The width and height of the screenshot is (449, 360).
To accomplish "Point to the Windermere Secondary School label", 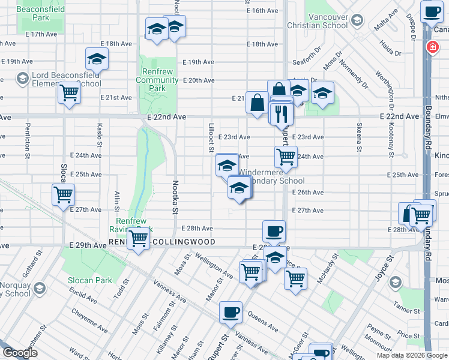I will tap(271, 176).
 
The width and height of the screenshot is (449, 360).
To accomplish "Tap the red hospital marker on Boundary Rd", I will tap(431, 47).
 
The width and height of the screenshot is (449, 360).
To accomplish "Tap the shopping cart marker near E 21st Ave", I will tap(70, 93).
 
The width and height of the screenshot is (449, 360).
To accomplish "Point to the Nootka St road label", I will tap(176, 197).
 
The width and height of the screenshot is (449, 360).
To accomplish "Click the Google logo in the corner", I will tap(20, 353).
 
